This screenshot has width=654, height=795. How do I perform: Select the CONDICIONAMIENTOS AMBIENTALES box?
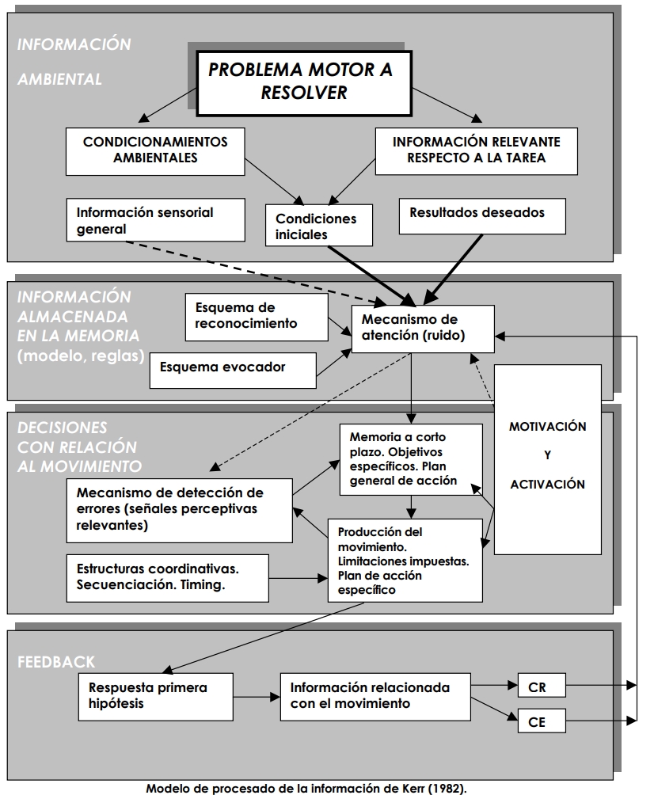tap(155, 150)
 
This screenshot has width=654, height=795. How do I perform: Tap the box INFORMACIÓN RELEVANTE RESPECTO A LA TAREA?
tap(476, 150)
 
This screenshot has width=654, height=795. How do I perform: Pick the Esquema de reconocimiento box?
tap(257, 316)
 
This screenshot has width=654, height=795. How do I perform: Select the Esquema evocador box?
tap(233, 367)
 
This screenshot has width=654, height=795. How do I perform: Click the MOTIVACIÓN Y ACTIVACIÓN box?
tap(548, 455)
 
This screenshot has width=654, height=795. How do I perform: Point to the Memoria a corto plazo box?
tap(411, 459)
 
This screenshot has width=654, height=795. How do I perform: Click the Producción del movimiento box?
tap(405, 561)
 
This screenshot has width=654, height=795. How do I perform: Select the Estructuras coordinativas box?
tap(168, 576)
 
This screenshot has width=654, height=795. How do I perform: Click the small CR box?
tap(542, 686)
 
